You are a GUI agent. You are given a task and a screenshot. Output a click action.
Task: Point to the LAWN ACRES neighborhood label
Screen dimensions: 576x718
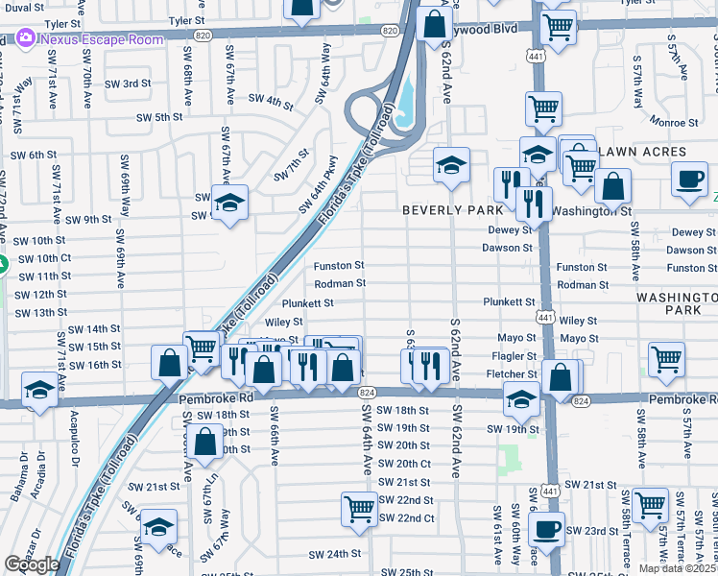pos(643,152)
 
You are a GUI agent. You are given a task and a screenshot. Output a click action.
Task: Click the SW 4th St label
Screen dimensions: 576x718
pos(270,100)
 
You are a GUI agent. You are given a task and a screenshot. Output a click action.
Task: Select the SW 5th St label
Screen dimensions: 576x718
pos(158,117)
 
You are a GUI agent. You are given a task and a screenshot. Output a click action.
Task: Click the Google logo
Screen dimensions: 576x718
pos(32,564)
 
